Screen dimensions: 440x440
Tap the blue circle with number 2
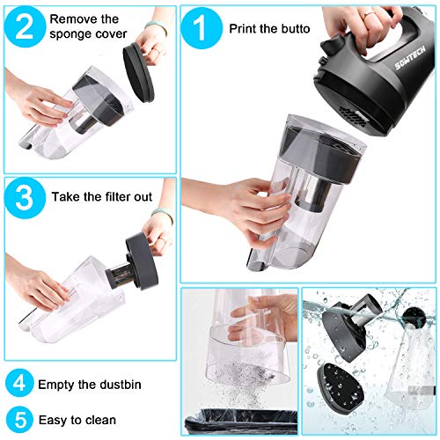coord(25,27)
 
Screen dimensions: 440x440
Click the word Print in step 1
coord(246,28)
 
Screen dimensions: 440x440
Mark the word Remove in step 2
coord(75,18)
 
